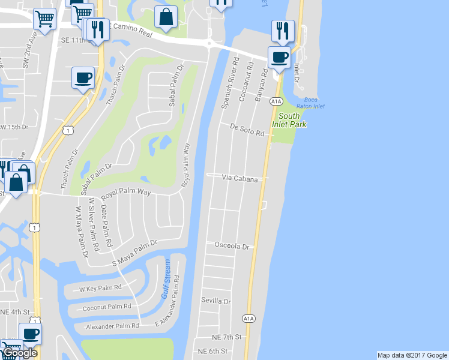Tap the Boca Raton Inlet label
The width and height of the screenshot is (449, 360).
311,102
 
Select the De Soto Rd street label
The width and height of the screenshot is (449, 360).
248,130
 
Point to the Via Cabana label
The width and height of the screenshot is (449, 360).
240,179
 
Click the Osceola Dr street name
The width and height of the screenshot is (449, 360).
232,246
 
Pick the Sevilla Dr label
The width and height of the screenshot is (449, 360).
215,300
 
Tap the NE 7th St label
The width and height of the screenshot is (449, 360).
228,337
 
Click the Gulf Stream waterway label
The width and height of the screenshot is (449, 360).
166,280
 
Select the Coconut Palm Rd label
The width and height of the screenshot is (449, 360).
107,307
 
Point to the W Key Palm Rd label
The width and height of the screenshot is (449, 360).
100,288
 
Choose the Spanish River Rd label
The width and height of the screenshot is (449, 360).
229,83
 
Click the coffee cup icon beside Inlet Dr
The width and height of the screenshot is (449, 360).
279,58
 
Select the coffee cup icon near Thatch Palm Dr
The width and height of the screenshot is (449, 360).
83,78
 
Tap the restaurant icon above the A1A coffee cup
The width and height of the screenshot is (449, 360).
282,30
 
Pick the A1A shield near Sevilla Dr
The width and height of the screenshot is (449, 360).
249,318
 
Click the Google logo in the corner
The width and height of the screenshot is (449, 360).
20,353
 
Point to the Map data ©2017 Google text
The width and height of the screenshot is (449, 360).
412,355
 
